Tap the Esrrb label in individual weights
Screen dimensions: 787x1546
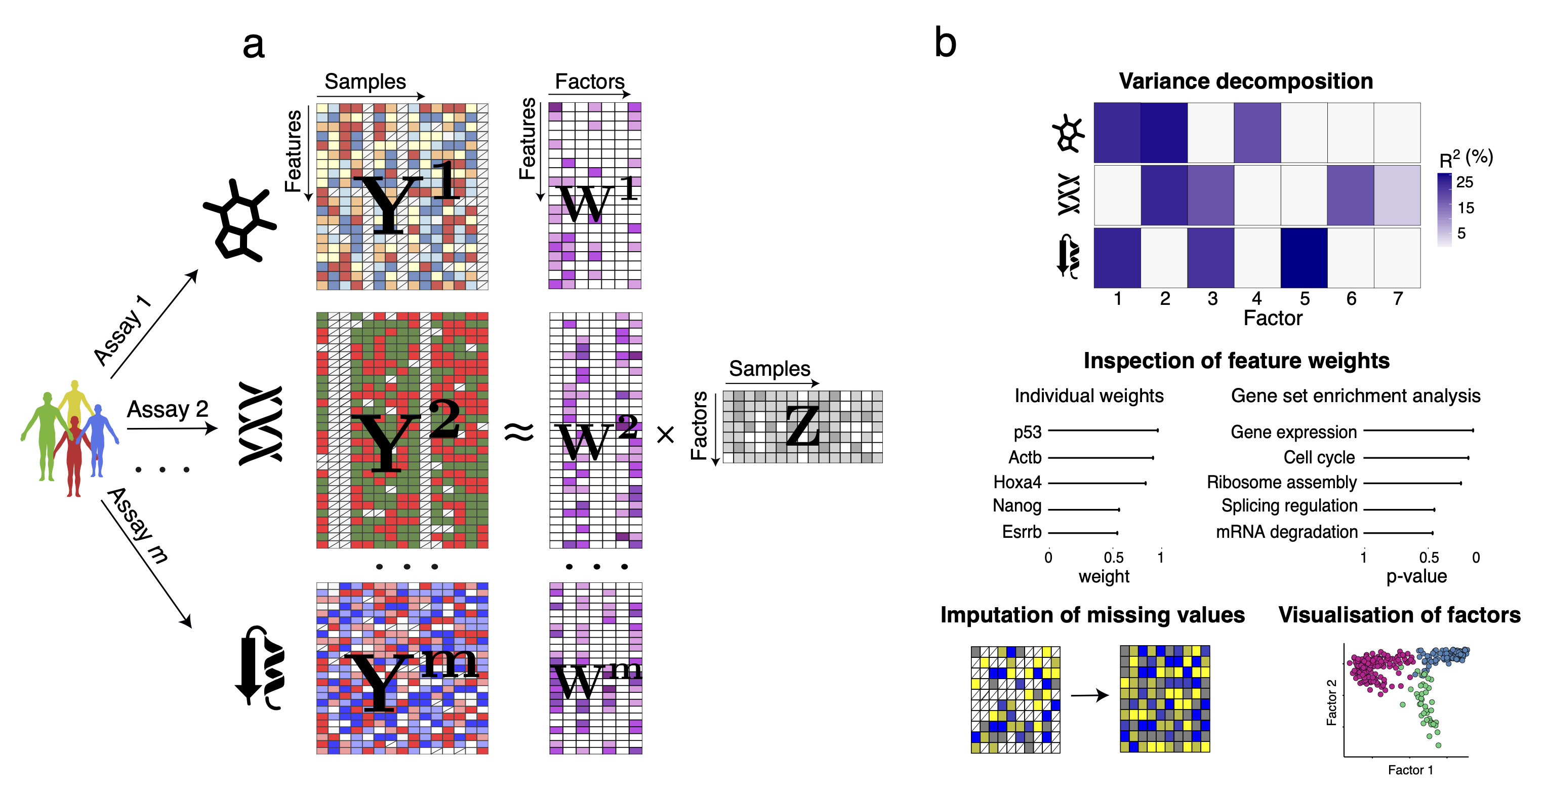(1022, 532)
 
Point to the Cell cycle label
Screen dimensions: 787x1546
(1319, 457)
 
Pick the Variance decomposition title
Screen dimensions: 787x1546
(1245, 81)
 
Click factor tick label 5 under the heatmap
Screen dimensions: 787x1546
(1304, 298)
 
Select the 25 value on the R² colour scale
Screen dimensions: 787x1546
(1464, 182)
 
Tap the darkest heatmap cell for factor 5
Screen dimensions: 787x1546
(1304, 258)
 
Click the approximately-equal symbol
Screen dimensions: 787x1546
(518, 431)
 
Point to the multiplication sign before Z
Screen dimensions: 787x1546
(666, 435)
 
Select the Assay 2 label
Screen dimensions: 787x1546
(168, 409)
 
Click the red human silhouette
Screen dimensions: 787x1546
(74, 456)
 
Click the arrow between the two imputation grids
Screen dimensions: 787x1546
(1089, 695)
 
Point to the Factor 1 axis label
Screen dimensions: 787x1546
(1410, 770)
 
